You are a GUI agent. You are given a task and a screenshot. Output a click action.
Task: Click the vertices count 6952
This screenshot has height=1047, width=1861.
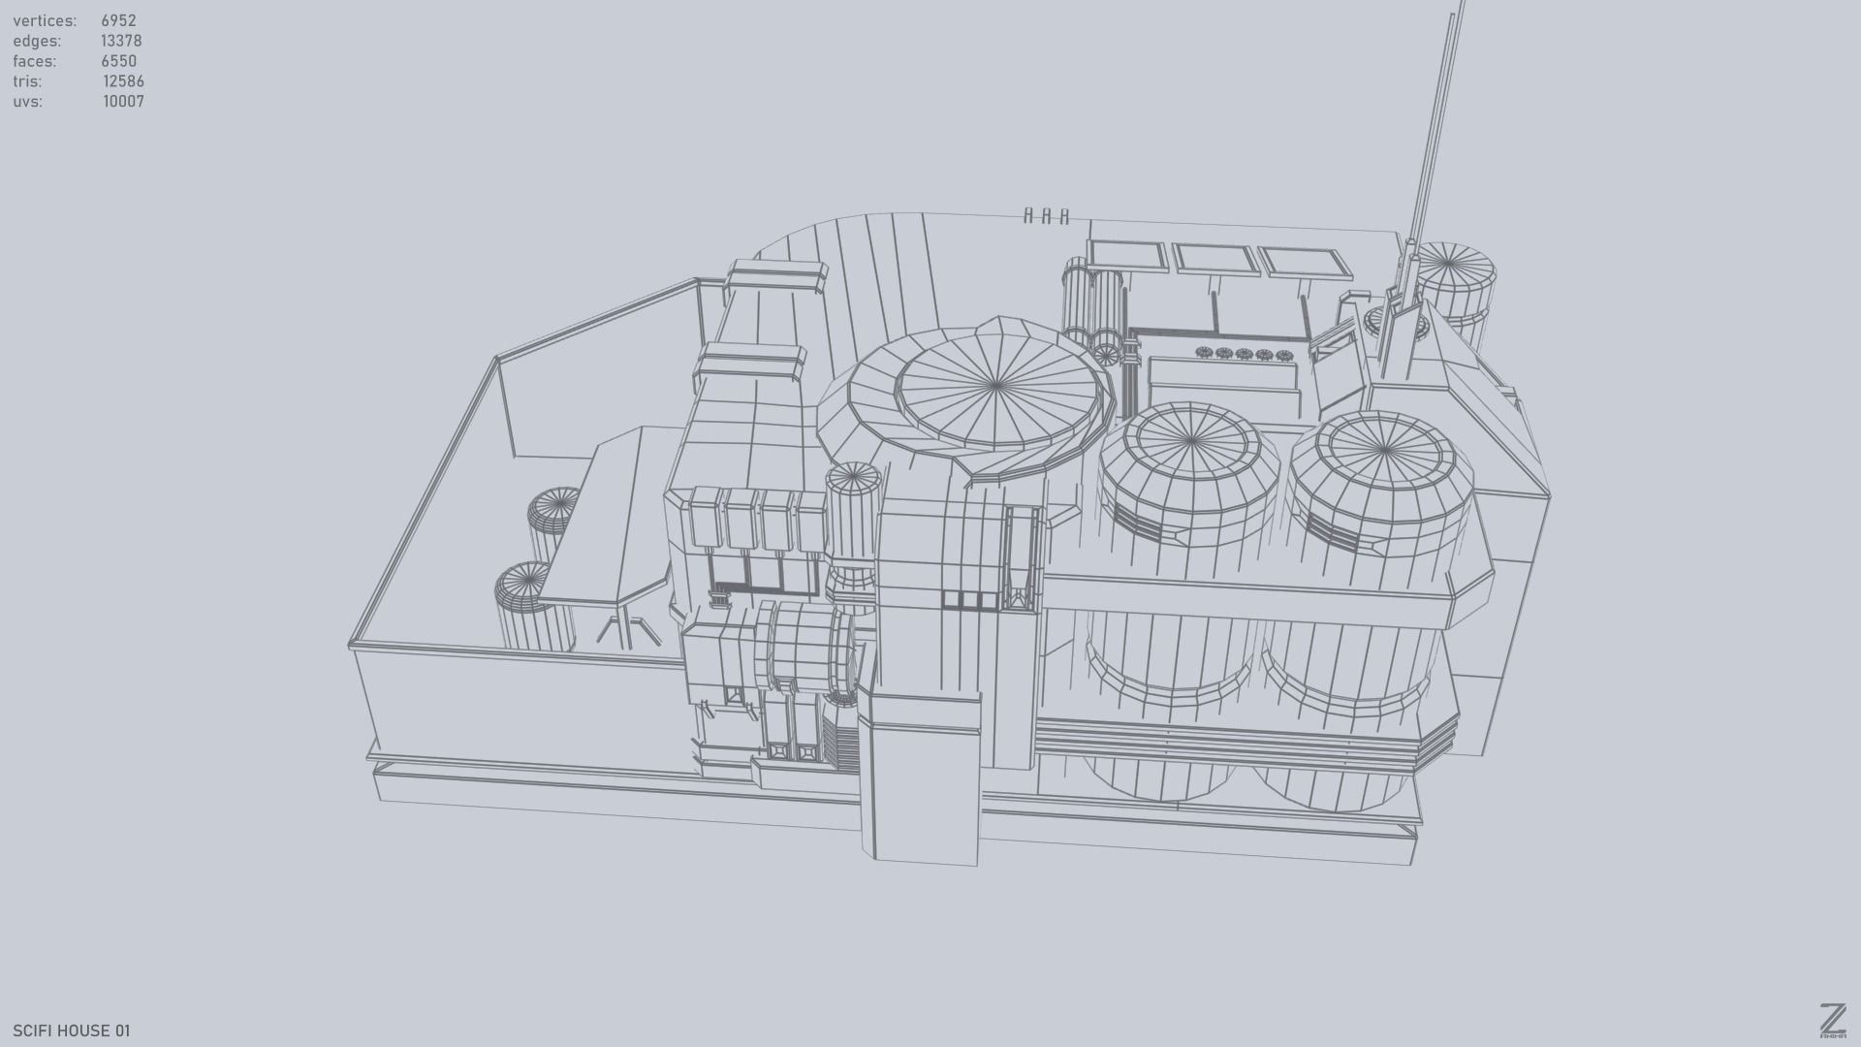[x=118, y=20]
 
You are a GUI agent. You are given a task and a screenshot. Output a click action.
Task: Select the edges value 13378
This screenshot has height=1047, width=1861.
[x=121, y=41]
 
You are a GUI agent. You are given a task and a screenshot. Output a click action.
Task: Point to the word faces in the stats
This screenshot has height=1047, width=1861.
[x=35, y=61]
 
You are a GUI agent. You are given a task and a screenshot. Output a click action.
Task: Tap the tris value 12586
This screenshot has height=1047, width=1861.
[x=123, y=81]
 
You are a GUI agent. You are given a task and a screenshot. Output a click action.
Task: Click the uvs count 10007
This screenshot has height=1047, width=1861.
[x=123, y=102]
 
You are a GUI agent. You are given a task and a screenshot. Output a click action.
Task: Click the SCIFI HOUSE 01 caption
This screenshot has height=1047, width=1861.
[x=71, y=1031]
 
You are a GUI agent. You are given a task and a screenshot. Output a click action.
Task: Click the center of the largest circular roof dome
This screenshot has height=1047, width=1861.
[x=996, y=386]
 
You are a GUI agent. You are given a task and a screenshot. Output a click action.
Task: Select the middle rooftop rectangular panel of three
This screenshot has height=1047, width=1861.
[x=1217, y=259]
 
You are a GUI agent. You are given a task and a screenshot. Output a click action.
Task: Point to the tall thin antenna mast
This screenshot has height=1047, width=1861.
[x=1435, y=126]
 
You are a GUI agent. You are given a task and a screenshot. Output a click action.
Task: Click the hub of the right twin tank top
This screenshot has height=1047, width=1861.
[x=1379, y=452]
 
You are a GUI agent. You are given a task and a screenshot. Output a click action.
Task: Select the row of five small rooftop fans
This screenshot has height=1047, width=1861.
[x=1244, y=354]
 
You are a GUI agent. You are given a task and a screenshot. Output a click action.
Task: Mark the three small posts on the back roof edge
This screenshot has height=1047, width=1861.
[x=1046, y=216]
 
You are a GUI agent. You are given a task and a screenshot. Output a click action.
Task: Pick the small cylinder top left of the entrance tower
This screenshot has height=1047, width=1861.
[x=852, y=477]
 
